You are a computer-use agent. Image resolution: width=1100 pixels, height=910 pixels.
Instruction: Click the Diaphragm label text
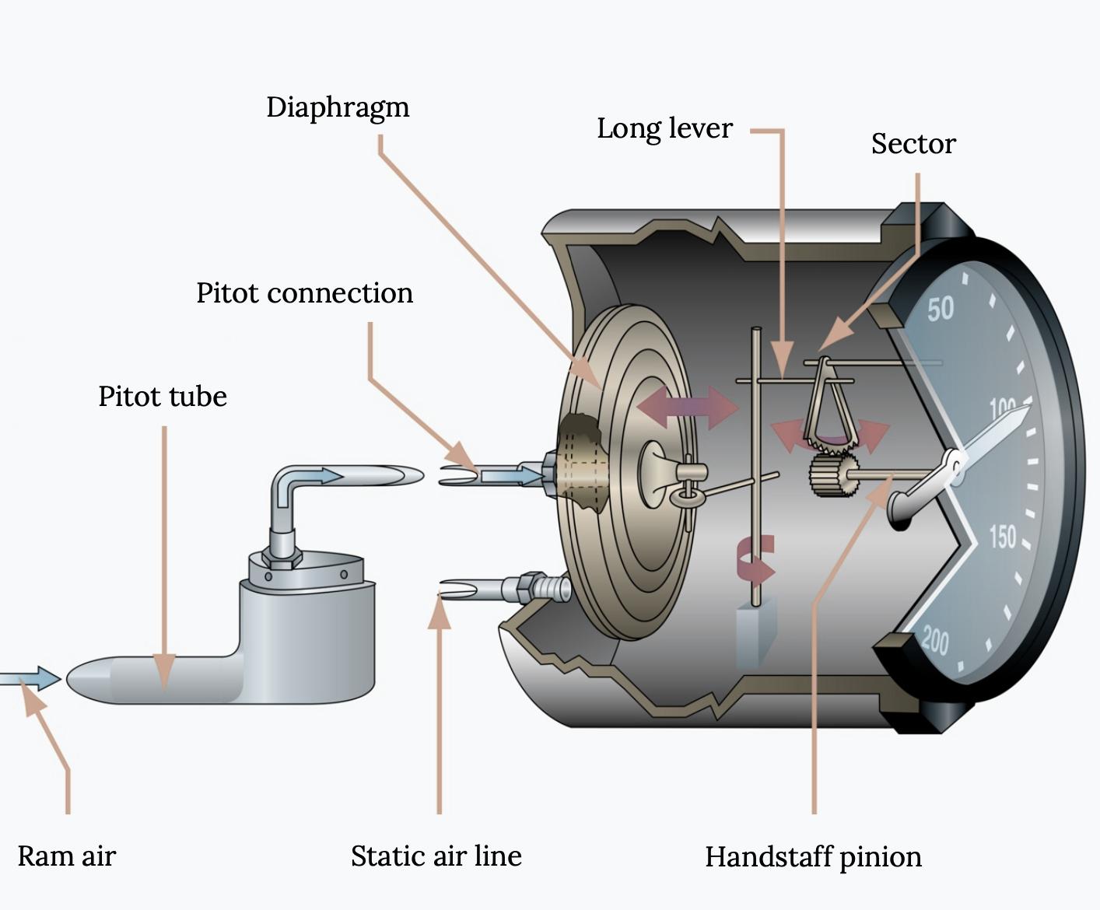click(x=338, y=108)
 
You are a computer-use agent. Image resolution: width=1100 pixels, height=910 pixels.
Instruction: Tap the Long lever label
click(x=664, y=128)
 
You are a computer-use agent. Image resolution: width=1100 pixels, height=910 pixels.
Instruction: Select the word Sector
click(x=913, y=144)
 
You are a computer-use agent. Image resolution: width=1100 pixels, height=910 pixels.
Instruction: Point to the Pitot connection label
click(x=304, y=292)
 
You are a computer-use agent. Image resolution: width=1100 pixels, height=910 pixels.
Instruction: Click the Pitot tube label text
click(x=163, y=396)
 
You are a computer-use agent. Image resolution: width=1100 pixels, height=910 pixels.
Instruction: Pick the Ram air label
click(x=66, y=856)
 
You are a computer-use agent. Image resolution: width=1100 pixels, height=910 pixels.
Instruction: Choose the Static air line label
click(x=436, y=856)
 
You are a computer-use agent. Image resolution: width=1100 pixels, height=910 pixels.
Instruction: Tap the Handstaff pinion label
click(x=814, y=857)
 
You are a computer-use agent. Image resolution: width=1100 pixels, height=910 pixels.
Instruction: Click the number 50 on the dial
click(x=941, y=309)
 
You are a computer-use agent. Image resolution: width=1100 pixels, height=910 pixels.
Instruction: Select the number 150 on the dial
click(x=1003, y=537)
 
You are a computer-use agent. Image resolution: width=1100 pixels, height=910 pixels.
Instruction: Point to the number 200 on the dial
click(x=936, y=642)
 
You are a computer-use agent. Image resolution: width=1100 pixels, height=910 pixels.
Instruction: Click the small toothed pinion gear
click(x=833, y=475)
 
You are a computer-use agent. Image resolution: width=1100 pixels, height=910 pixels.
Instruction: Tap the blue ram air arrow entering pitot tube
click(x=30, y=678)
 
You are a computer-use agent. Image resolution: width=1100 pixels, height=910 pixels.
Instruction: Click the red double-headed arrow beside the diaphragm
click(x=688, y=408)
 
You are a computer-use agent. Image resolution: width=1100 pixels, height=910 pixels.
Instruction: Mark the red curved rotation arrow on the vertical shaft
click(x=756, y=562)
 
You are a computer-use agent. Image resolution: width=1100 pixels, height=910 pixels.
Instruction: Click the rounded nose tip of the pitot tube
click(x=68, y=679)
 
